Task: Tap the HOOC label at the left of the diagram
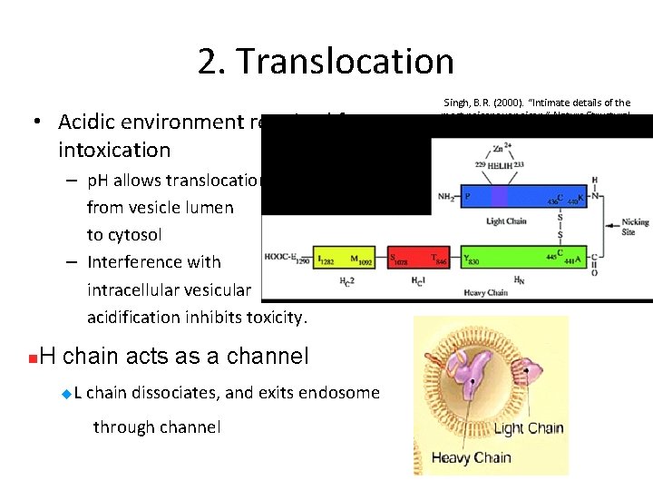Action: [278, 258]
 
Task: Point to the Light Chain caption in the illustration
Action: [528, 427]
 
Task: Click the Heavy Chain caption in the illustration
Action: [471, 458]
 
